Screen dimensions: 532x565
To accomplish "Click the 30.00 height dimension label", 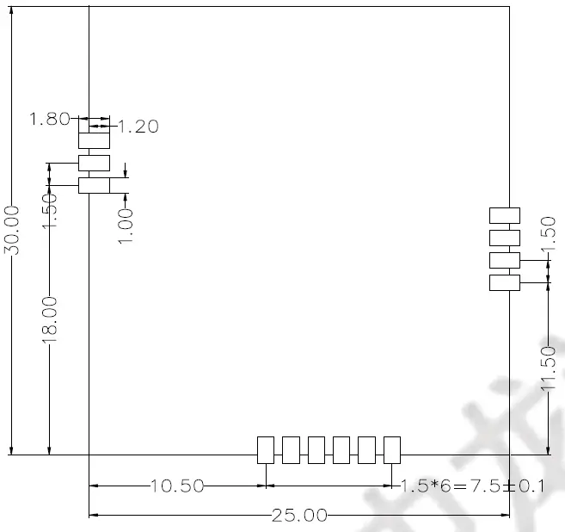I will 12,230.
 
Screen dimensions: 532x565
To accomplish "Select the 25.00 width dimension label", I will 299,517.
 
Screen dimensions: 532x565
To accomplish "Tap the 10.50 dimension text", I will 177,486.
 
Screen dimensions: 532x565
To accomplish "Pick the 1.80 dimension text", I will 49,120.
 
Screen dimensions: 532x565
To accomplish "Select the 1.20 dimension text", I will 138,127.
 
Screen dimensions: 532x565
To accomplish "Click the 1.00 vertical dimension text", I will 126,225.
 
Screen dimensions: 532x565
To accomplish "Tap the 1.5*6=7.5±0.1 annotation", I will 473,486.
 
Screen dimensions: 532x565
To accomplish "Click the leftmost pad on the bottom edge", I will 266,449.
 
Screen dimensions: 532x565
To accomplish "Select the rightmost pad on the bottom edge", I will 392,449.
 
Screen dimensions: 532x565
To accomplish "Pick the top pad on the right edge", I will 505,215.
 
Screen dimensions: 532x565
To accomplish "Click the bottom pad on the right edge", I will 505,282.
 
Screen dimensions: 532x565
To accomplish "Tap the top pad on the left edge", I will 95,140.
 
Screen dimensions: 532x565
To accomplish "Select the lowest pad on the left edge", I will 95,185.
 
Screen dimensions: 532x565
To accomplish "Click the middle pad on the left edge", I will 95,163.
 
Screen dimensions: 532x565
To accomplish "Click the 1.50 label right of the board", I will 547,238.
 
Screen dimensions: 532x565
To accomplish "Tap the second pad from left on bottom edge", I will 291,449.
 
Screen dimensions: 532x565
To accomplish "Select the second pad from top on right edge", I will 505,238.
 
